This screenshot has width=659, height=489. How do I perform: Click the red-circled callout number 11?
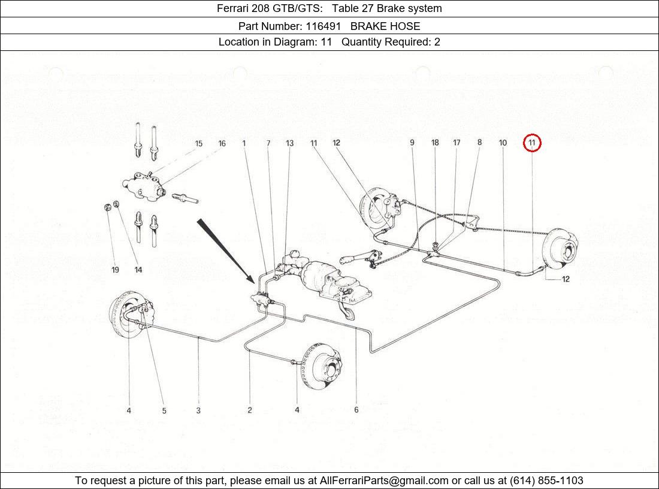tap(531, 143)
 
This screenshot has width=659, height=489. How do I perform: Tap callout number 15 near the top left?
tap(198, 143)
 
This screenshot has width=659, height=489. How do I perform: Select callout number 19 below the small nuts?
tap(115, 270)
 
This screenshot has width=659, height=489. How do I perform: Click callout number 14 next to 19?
tap(138, 270)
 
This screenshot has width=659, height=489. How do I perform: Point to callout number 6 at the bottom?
tap(356, 409)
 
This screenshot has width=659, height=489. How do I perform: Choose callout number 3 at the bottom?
tap(198, 410)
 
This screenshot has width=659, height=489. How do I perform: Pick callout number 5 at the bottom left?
tap(164, 410)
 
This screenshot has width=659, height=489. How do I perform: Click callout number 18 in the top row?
tap(435, 143)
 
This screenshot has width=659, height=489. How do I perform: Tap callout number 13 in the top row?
tap(289, 143)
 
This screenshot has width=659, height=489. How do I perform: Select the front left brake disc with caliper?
tap(132, 314)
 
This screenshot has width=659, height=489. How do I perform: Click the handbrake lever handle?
tap(349, 258)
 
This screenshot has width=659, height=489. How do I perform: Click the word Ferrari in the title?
tap(232, 8)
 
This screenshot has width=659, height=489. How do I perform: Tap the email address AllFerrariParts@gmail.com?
tap(383, 480)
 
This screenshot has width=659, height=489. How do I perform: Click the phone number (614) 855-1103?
tap(546, 480)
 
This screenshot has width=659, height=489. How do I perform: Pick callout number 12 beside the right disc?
tap(566, 279)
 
